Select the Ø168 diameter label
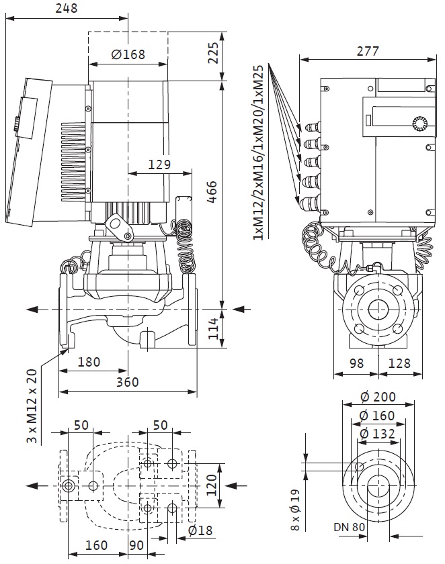pyautogui.click(x=128, y=54)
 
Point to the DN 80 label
pyautogui.click(x=349, y=527)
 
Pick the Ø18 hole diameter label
pyautogui.click(x=201, y=530)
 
